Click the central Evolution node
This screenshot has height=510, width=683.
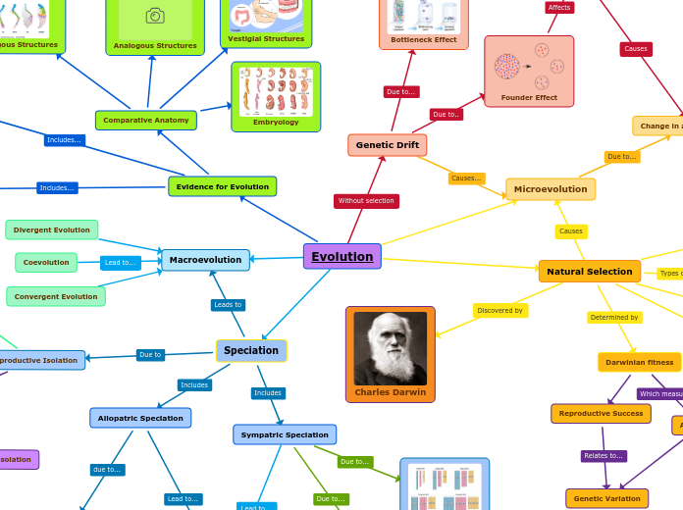coord(341,257)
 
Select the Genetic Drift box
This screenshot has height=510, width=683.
coord(387,145)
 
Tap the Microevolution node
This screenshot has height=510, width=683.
coord(550,189)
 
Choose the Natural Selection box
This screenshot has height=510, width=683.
coord(589,272)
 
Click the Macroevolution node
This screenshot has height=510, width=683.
coord(205,260)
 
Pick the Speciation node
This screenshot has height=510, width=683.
coord(251,351)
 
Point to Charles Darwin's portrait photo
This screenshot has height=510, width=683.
coord(390,348)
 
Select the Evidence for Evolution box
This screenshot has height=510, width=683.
coord(222,186)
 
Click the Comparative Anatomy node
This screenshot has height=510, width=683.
coord(145,121)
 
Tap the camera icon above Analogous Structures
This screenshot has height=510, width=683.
coord(155,16)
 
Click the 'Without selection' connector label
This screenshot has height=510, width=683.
coord(366,201)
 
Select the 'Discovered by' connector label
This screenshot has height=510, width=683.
coord(499,311)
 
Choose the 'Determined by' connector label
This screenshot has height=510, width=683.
coord(614,318)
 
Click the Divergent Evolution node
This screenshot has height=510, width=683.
coord(52,229)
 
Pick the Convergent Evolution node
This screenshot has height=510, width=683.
coord(56,296)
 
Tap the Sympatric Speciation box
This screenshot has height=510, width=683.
coord(285,434)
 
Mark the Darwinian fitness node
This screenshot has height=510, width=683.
coord(639,363)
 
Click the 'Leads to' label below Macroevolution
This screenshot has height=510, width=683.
coord(228,305)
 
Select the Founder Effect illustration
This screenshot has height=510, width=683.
coord(529,67)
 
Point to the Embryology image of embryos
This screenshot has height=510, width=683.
coord(275,91)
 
